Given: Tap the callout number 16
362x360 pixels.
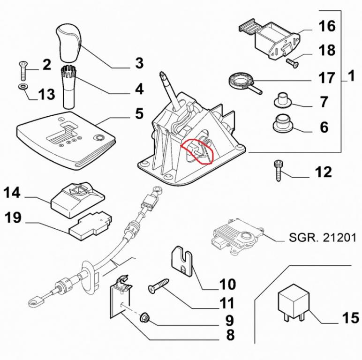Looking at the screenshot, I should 327,26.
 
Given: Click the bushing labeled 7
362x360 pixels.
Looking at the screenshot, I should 282,100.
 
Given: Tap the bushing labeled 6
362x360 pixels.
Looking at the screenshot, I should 282,123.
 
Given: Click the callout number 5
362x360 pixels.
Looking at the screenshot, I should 139,114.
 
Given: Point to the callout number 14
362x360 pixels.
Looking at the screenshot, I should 13,193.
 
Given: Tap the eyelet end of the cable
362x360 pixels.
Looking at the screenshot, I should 34,301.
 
